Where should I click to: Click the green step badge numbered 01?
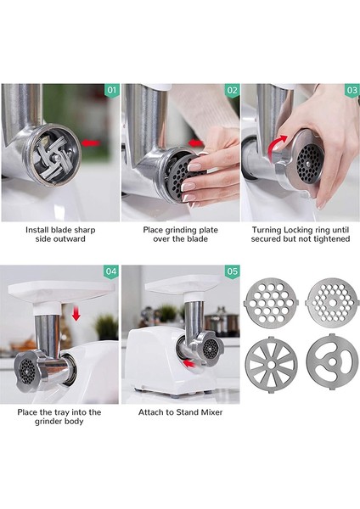tap(110, 90)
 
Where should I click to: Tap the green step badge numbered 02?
tap(231, 90)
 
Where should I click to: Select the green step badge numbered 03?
tap(351, 90)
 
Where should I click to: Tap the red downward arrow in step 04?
tap(76, 315)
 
